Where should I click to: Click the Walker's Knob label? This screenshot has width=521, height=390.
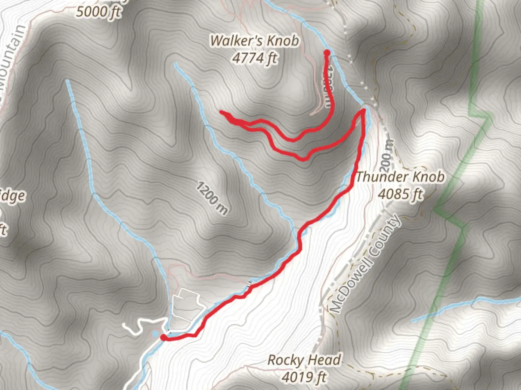(x=255, y=40)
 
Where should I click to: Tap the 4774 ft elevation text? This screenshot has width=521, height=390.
(x=255, y=58)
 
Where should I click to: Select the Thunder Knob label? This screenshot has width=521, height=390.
(x=400, y=177)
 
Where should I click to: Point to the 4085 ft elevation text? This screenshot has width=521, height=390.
(x=400, y=194)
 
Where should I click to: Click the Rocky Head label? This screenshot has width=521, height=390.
(x=304, y=360)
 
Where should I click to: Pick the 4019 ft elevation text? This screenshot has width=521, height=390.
(x=304, y=377)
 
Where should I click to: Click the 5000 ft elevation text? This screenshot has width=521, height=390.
(x=98, y=12)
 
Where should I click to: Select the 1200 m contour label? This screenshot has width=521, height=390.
(x=212, y=198)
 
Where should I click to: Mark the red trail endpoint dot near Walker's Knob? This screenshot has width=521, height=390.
(x=327, y=53)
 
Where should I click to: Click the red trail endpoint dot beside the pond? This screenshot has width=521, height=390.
(x=164, y=337)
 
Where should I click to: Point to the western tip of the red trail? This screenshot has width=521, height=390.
(x=221, y=113)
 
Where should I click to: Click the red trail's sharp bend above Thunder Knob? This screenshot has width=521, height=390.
(x=363, y=110)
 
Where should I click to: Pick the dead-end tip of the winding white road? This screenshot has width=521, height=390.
(x=124, y=326)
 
